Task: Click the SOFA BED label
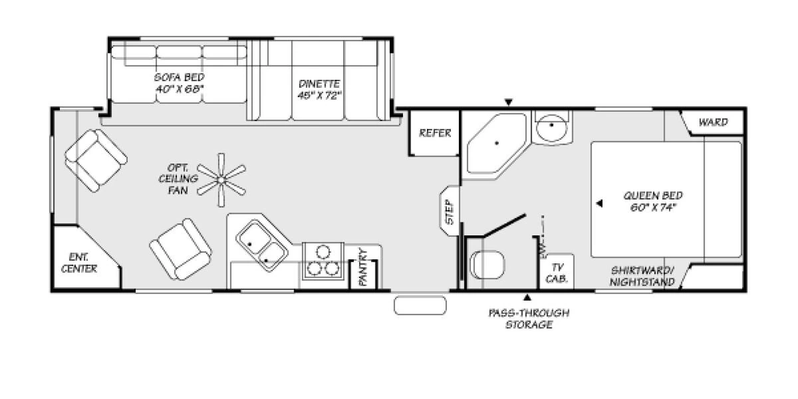(179, 82)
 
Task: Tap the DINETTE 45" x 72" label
(319, 89)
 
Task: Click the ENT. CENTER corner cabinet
(80, 263)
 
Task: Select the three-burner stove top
(321, 260)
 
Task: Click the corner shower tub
(494, 144)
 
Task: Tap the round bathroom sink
(552, 126)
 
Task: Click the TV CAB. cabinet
(556, 272)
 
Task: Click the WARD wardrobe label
(712, 122)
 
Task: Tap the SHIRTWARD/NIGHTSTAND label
(642, 276)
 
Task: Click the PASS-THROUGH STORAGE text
(529, 319)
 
